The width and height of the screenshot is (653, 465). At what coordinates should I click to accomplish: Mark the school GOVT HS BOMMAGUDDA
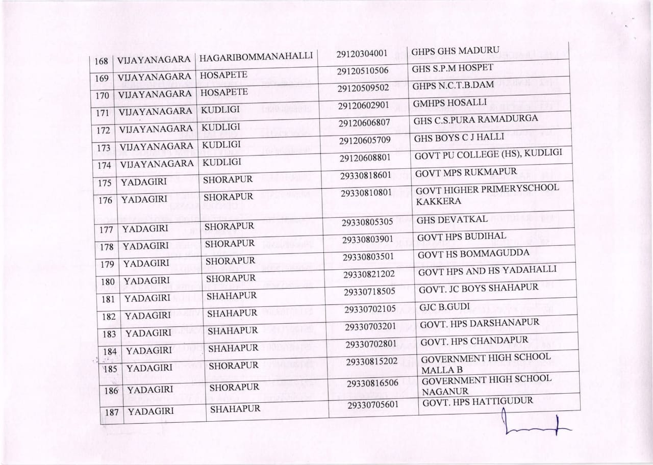coord(467,253)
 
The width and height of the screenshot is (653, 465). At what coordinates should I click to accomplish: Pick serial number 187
coord(111,412)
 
